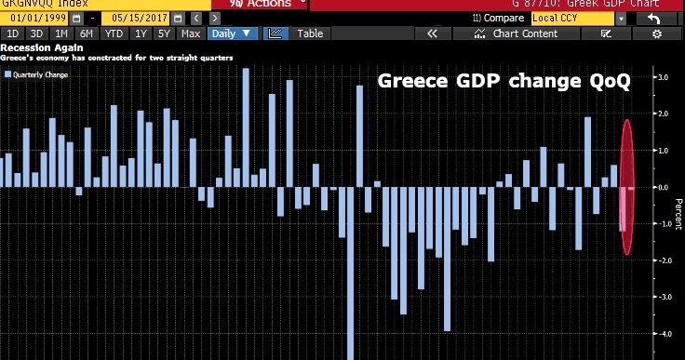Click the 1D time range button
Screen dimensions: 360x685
click(x=14, y=33)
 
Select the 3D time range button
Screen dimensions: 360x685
click(x=38, y=33)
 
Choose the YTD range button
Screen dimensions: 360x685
click(x=114, y=33)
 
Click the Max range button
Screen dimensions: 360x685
click(x=191, y=33)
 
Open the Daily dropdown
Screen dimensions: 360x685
click(x=232, y=33)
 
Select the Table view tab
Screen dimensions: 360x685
click(x=310, y=33)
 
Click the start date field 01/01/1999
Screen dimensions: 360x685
click(x=37, y=19)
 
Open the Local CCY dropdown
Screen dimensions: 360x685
click(x=577, y=19)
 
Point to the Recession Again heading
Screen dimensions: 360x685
click(x=34, y=47)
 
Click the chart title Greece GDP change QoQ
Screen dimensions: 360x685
click(x=503, y=82)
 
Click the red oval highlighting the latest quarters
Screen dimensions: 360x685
click(x=627, y=186)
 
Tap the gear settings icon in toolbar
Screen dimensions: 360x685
click(x=656, y=33)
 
